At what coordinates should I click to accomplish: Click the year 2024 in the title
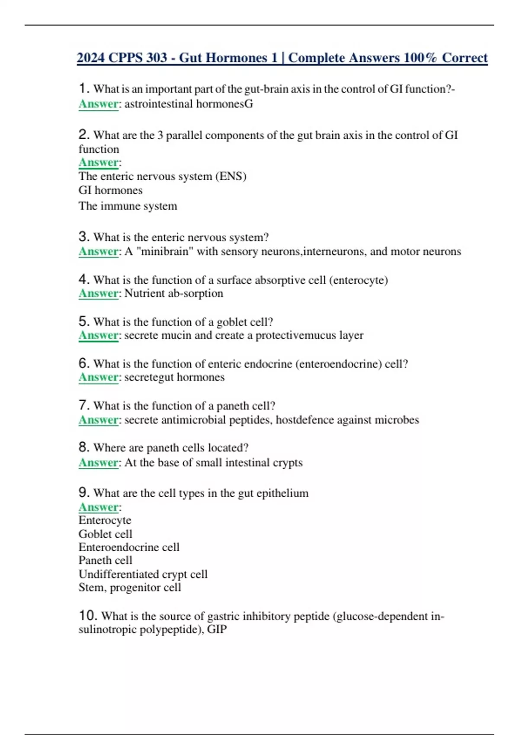coord(91,58)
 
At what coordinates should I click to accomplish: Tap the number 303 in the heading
coord(156,58)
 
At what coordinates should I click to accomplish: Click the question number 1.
coord(83,89)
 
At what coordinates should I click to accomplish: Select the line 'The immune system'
coord(128,206)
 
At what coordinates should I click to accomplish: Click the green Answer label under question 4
coord(98,294)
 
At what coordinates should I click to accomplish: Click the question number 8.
coord(83,447)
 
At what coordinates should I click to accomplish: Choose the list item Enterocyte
coord(105,520)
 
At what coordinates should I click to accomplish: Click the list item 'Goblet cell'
coord(105,534)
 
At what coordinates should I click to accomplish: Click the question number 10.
coord(88,615)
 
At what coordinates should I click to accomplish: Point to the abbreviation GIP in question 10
coord(217,629)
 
